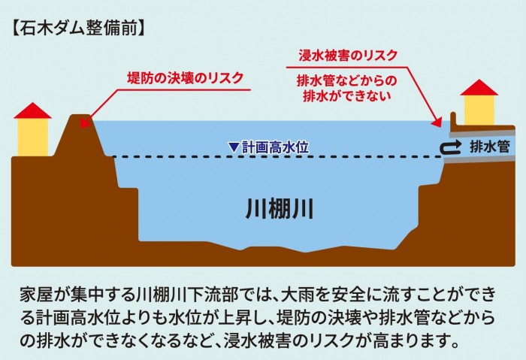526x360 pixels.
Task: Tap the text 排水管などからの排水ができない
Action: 347,88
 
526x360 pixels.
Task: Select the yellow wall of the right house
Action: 479,110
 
